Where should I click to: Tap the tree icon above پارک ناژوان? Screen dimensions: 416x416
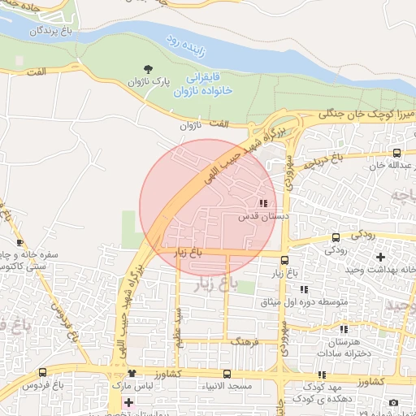pos(148,70)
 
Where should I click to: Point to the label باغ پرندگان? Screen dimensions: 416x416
pos(52,31)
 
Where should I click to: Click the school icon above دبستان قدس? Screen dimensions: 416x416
pos(262,203)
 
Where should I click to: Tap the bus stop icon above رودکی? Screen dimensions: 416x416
pos(336,238)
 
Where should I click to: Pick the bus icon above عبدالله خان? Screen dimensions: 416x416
pos(396,154)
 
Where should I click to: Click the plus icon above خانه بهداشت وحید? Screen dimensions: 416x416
pos(379,258)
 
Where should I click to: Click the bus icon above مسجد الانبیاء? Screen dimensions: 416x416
pos(226,374)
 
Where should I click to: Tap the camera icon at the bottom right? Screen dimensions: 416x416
pos(393,403)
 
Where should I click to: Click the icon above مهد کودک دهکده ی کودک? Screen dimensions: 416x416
pos(323,375)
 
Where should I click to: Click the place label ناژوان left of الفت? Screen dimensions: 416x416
pos(188,126)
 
